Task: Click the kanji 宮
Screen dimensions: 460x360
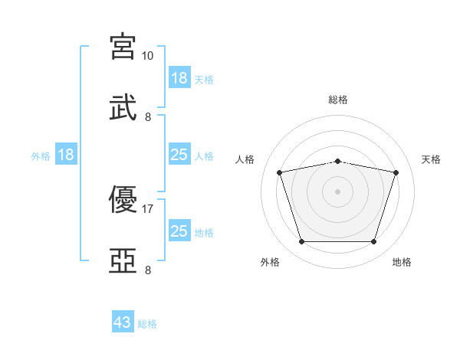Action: coord(123,47)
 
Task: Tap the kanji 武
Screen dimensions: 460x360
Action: coord(123,107)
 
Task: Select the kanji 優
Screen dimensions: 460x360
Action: coord(123,199)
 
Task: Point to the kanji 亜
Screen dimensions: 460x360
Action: coord(123,260)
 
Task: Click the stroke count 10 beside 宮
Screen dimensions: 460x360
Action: coord(147,56)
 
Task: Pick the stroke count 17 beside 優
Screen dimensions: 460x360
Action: coord(147,209)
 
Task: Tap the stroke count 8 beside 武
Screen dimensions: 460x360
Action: coord(148,117)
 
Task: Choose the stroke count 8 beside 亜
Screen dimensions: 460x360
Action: coord(148,270)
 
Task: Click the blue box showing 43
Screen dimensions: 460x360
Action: coord(123,321)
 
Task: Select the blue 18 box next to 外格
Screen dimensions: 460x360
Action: coord(66,154)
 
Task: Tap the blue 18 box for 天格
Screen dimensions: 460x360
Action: coord(180,77)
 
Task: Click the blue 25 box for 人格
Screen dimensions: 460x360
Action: coord(180,154)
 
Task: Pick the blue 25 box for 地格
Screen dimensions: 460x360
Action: coord(180,230)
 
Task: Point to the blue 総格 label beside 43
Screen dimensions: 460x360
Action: coord(147,324)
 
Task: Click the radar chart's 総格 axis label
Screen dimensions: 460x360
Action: coord(338,100)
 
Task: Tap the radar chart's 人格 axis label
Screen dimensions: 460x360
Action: coord(245,159)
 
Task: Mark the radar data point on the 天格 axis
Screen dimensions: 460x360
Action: coord(396,172)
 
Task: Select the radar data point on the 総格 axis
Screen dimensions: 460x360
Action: coord(338,162)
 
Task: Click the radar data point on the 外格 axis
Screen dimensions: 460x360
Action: coord(302,242)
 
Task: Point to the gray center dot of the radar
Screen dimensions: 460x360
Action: coord(337,191)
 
